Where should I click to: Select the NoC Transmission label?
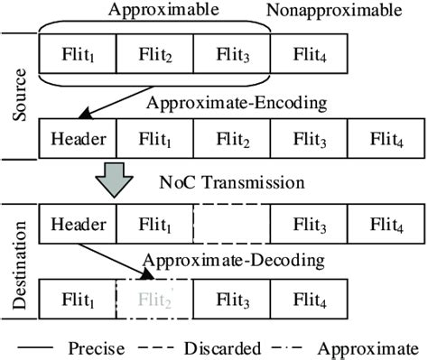[x=256, y=183]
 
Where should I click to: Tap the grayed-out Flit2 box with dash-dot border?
[x=154, y=300]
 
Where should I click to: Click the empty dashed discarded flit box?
[x=230, y=222]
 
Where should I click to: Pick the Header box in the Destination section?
[x=76, y=222]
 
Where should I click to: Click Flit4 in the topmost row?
[x=308, y=57]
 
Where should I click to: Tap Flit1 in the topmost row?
[x=76, y=57]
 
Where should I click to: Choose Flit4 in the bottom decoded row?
[x=308, y=300]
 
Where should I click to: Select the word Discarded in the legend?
[x=228, y=348]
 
